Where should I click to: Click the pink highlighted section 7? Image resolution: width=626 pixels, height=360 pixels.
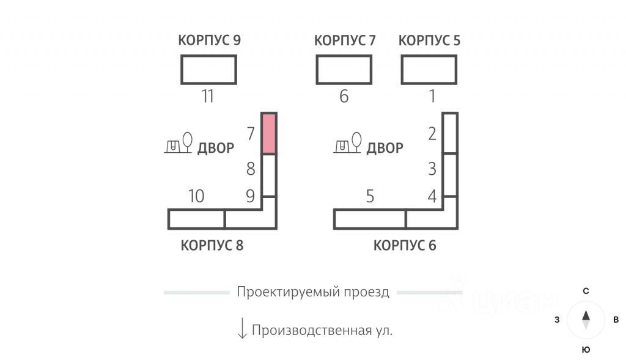tap(269, 133)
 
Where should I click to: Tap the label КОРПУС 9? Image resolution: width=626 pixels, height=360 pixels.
tap(209, 41)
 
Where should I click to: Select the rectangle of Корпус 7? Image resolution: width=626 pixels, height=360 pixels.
tap(344, 70)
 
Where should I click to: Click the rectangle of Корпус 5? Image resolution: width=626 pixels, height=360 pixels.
tap(429, 70)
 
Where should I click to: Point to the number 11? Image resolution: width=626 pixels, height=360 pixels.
tap(208, 97)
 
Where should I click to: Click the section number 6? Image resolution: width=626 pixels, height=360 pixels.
tap(344, 97)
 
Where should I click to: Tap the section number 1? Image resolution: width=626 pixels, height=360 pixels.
tap(432, 97)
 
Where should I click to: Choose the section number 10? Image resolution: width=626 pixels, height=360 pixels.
tap(196, 196)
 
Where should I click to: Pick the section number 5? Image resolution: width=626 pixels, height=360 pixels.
tap(369, 196)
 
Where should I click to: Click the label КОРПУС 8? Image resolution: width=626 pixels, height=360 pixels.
tap(212, 246)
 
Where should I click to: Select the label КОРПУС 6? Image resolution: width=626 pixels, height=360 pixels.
tap(405, 246)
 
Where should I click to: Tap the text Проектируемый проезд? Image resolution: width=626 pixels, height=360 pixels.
tap(313, 292)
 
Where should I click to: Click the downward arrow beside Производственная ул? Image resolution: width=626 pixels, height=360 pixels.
tap(242, 329)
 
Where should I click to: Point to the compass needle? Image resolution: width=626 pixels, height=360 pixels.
tap(586, 319)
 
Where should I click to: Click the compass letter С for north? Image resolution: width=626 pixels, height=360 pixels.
tap(586, 291)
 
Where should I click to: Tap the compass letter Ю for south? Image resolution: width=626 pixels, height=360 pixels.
tap(586, 350)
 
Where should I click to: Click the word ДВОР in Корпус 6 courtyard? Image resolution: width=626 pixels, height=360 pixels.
tap(385, 148)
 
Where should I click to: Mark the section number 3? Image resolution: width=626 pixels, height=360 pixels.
tap(432, 168)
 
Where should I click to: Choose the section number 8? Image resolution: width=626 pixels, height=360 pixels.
tap(251, 168)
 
